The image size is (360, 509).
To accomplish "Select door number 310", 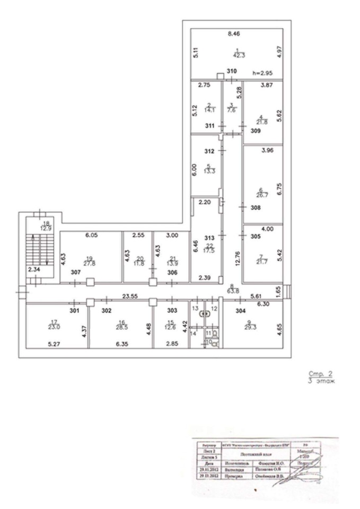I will coord(232,71).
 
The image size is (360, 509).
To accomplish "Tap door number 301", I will coord(74,311).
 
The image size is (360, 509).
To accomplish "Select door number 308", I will coord(256,208).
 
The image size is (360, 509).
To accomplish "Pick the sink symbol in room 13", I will coord(202,313).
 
